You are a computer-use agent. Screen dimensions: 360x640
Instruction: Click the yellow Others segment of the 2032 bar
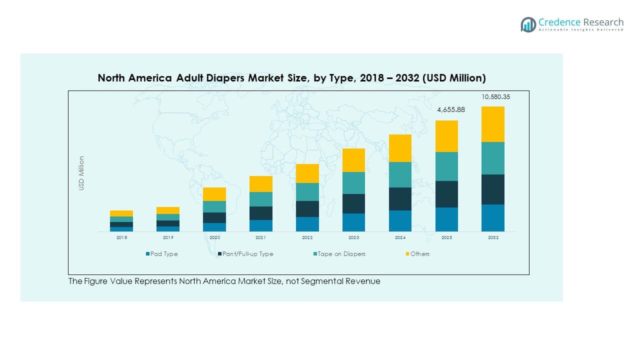pyautogui.click(x=492, y=124)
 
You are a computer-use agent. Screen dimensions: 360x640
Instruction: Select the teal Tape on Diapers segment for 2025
pyautogui.click(x=446, y=166)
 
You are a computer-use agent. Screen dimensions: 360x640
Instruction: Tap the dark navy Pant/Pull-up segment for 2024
pyautogui.click(x=400, y=198)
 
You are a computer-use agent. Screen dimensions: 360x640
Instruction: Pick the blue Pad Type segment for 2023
pyautogui.click(x=353, y=222)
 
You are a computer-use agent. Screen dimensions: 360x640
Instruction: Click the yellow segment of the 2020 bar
pyautogui.click(x=214, y=194)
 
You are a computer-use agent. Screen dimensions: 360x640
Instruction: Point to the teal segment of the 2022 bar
pyautogui.click(x=307, y=191)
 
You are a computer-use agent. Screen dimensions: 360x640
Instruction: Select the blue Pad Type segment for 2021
pyautogui.click(x=260, y=225)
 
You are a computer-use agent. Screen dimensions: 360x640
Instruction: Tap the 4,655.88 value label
pyautogui.click(x=451, y=109)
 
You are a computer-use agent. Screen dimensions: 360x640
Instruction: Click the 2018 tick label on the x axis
pyautogui.click(x=121, y=238)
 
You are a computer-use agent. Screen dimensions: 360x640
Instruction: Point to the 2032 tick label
pyautogui.click(x=493, y=238)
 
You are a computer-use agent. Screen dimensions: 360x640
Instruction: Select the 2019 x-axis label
pyautogui.click(x=168, y=238)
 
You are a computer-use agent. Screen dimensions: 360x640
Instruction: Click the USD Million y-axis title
pyautogui.click(x=81, y=173)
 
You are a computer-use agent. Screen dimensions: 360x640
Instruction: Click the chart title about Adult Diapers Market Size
pyautogui.click(x=291, y=78)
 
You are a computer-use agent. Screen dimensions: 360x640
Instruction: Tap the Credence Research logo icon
pyautogui.click(x=528, y=24)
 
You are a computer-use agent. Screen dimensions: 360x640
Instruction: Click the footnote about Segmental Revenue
pyautogui.click(x=224, y=281)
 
